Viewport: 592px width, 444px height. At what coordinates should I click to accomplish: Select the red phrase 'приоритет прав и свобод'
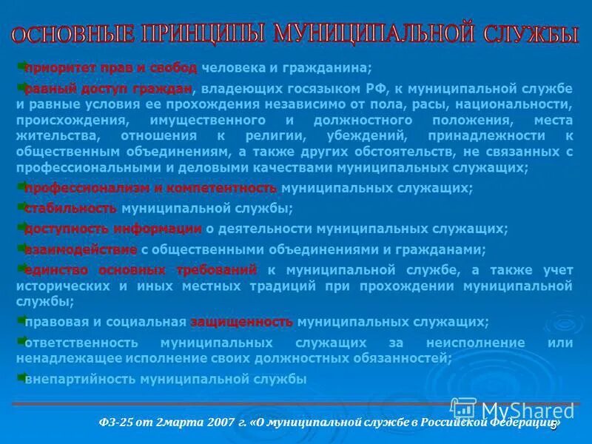(111, 68)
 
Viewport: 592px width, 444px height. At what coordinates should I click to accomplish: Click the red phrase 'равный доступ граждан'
(108, 89)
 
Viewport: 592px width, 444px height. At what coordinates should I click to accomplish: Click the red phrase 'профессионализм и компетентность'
(151, 188)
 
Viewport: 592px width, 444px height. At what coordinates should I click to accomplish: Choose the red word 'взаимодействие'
(81, 249)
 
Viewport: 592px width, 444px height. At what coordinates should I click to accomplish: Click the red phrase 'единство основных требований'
(141, 269)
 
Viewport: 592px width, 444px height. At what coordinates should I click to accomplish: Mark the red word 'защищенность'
(242, 322)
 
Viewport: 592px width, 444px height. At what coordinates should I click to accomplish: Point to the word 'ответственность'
(81, 343)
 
